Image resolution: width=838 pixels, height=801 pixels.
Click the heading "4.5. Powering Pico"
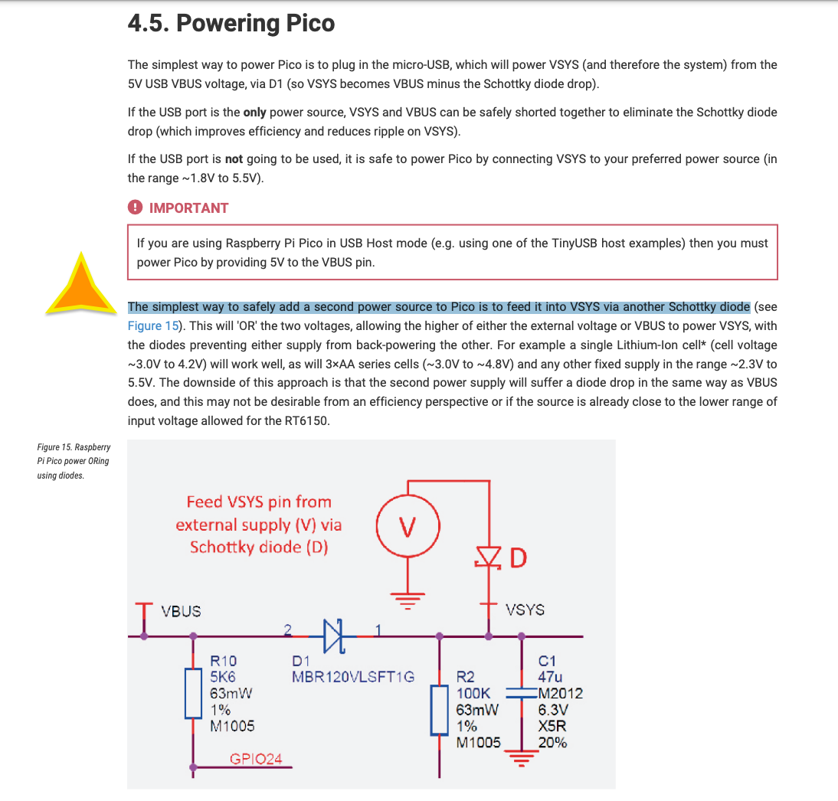tap(231, 24)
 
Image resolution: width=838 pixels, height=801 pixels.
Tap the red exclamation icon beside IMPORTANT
tap(135, 208)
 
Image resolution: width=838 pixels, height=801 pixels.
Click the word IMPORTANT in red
tap(188, 208)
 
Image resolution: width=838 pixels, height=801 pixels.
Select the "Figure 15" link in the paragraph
tap(153, 325)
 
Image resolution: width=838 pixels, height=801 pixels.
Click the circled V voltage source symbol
tap(408, 527)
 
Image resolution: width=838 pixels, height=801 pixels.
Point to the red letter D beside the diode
tap(519, 558)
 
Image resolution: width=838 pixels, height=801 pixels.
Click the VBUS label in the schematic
tap(181, 611)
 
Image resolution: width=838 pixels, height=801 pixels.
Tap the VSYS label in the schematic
tap(525, 610)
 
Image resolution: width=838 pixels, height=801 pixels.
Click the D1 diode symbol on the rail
tap(334, 636)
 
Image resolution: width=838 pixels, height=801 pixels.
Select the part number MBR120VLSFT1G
tap(352, 676)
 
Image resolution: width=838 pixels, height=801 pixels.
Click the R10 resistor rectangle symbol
tap(192, 693)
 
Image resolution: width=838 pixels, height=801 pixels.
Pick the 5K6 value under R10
tap(224, 676)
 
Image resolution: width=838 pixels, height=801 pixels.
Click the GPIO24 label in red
tap(256, 759)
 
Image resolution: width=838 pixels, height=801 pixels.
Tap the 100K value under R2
tap(473, 693)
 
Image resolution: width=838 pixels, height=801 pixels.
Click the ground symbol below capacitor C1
tap(522, 760)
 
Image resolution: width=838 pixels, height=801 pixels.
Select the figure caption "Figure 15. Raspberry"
tap(74, 446)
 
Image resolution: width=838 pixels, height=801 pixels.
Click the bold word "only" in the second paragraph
tap(254, 112)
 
